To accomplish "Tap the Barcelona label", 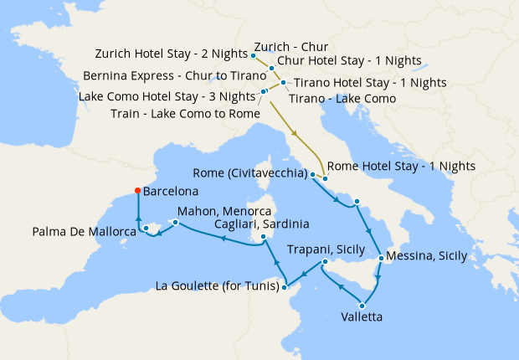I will pos(171,191).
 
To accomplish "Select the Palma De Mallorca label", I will pos(85,231).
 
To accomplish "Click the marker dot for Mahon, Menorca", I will pos(175,223).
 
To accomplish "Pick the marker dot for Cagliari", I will pos(264,237).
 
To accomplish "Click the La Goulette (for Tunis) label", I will pos(217,288).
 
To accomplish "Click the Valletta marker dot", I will pos(362,305).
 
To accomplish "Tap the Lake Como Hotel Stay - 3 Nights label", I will pos(167,96).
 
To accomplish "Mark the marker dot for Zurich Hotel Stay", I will pos(254,56).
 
